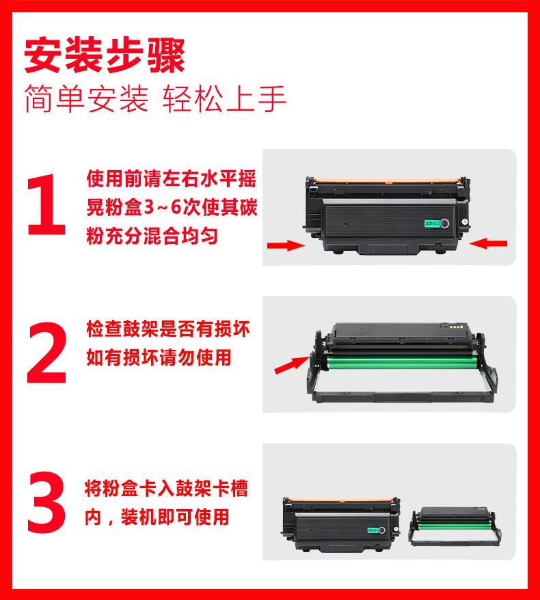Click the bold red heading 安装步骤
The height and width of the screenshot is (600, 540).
click(x=105, y=55)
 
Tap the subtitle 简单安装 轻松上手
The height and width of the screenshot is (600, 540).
click(x=155, y=98)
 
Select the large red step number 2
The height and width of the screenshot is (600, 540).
click(x=46, y=352)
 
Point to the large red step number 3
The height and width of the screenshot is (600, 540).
click(x=46, y=502)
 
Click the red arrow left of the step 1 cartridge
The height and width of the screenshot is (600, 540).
click(x=286, y=245)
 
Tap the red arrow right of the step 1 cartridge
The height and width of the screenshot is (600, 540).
click(x=488, y=243)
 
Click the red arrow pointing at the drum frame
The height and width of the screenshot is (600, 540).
click(x=292, y=364)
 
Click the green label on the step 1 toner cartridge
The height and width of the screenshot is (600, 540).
click(x=432, y=224)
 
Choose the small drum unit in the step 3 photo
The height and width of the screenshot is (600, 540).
click(x=455, y=526)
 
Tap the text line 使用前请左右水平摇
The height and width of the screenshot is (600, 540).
click(x=171, y=178)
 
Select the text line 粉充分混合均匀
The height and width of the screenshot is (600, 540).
click(x=152, y=235)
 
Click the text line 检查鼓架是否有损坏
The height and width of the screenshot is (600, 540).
click(x=168, y=329)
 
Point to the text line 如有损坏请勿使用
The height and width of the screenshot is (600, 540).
click(x=159, y=357)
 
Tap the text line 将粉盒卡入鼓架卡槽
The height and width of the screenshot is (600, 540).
click(x=166, y=488)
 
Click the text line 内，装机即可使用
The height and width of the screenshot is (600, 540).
click(x=157, y=517)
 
